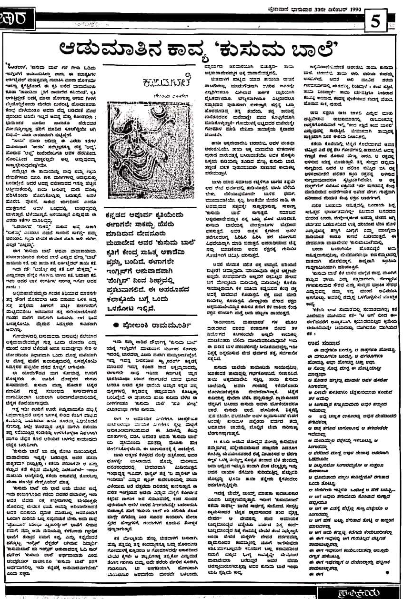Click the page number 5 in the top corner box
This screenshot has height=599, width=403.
(375, 21)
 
